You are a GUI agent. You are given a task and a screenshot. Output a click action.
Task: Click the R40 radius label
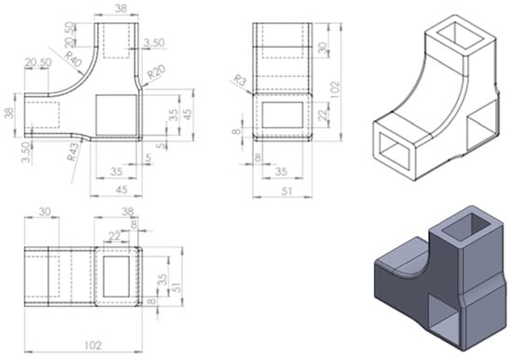point(73,60)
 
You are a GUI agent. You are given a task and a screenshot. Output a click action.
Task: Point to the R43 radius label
point(74,152)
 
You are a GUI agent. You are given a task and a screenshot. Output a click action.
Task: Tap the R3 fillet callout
point(240,80)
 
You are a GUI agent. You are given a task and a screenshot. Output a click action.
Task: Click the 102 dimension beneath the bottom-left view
point(93,345)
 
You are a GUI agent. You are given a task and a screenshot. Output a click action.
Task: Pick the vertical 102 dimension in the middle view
point(334,90)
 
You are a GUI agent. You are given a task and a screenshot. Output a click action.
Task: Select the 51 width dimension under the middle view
point(286,191)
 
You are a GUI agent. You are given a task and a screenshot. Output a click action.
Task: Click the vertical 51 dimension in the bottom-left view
point(176,288)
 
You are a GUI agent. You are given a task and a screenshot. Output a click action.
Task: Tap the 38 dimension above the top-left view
point(120,8)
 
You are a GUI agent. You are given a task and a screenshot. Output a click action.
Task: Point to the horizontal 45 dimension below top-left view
point(121,189)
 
